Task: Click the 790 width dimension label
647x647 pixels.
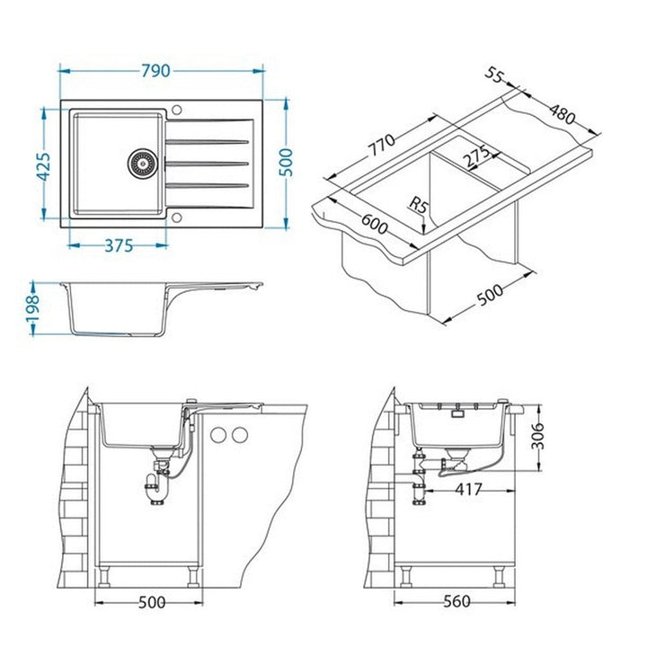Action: click(x=155, y=71)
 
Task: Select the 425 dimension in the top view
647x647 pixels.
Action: click(x=43, y=166)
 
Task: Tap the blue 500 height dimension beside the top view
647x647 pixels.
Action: click(x=286, y=162)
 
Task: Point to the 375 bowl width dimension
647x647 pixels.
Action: click(x=119, y=246)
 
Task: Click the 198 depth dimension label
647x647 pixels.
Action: click(x=32, y=308)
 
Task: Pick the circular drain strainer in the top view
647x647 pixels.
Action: click(x=142, y=163)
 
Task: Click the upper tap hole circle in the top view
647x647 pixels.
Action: click(x=177, y=111)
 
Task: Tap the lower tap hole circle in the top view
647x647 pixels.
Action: click(x=177, y=217)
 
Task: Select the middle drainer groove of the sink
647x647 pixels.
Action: click(x=208, y=164)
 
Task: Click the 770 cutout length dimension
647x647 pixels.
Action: click(x=382, y=146)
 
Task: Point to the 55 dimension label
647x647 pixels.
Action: click(x=494, y=75)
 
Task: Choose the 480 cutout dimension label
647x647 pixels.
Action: click(x=561, y=113)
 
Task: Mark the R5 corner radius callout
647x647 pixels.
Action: click(x=419, y=205)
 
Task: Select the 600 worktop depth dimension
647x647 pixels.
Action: click(x=374, y=225)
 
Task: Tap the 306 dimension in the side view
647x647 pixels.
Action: click(x=537, y=436)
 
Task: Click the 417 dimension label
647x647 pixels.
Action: click(x=468, y=490)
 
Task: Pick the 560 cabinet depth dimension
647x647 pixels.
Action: click(x=456, y=601)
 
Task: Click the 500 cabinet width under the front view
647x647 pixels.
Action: click(x=152, y=602)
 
